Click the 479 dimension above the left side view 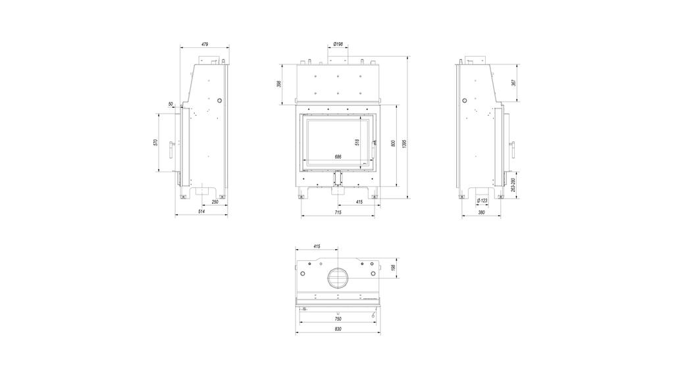tap(204, 45)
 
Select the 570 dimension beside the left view tap(155, 143)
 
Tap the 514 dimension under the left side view tap(201, 212)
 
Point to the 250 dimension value tap(215, 202)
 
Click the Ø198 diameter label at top tap(338, 44)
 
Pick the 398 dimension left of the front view tap(279, 84)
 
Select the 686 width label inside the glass tap(338, 157)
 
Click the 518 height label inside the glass tap(357, 142)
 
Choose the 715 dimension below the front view tap(338, 212)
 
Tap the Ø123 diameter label tap(482, 201)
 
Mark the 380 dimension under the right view tap(481, 212)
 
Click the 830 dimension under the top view tap(338, 329)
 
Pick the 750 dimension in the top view tap(338, 319)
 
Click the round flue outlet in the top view tap(338, 277)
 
